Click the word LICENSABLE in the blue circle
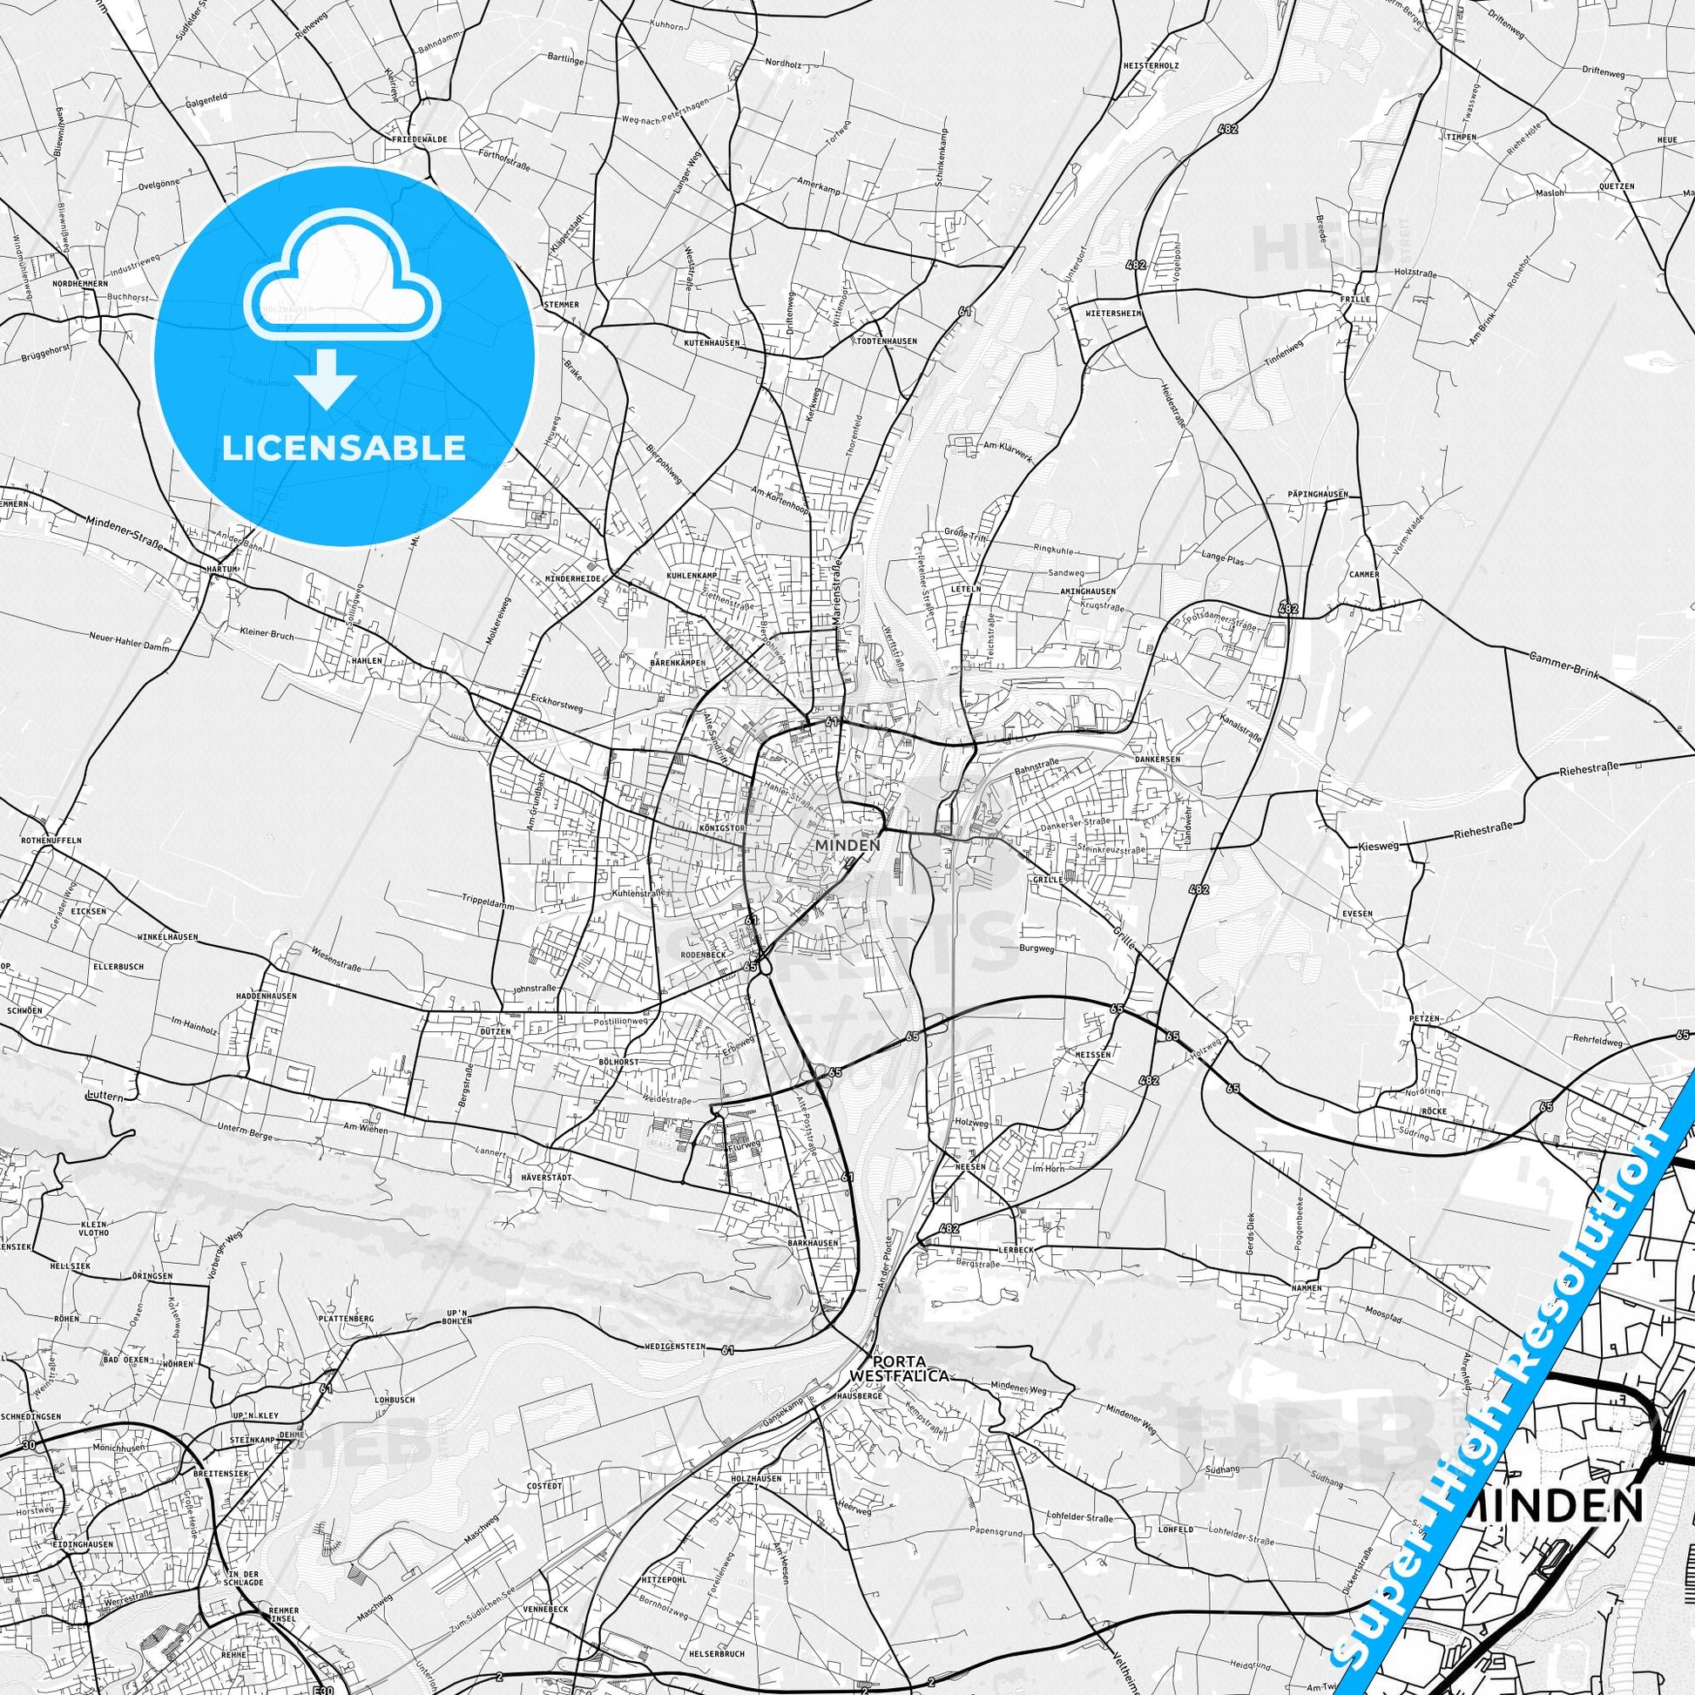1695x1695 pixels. pyautogui.click(x=344, y=448)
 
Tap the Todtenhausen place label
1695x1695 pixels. pyautogui.click(x=888, y=341)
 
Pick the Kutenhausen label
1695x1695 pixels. pyautogui.click(x=712, y=342)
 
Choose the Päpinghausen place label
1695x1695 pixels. pyautogui.click(x=1318, y=494)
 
